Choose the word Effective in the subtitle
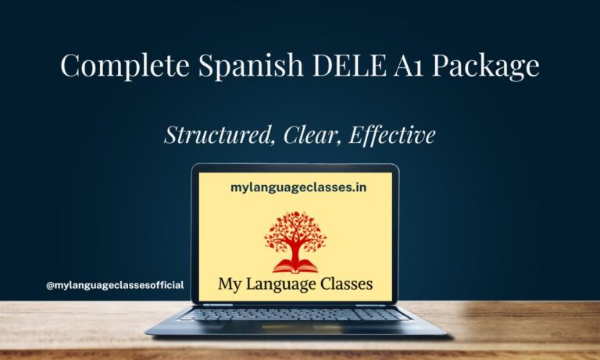click(392, 134)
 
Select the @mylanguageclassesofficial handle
click(115, 285)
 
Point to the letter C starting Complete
click(71, 66)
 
